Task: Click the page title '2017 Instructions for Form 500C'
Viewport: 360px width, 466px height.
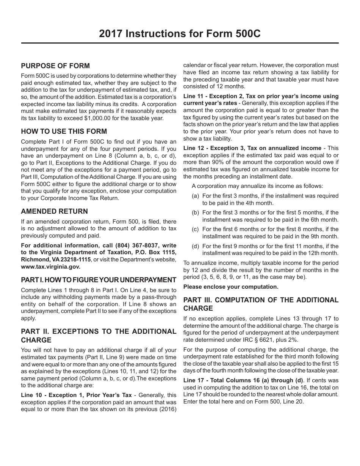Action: pyautogui.click(x=180, y=34)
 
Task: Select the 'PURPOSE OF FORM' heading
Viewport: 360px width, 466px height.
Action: pyautogui.click(x=55, y=66)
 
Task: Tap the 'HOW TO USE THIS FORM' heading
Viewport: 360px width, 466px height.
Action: pyautogui.click(x=64, y=131)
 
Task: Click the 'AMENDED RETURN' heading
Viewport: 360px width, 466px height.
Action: pyautogui.click(x=54, y=211)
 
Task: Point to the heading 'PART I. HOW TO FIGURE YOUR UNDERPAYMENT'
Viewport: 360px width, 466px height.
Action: pyautogui.click(x=99, y=280)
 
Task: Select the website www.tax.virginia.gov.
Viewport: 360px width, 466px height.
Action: pyautogui.click(x=50, y=266)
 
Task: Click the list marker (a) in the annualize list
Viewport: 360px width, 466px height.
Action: pyautogui.click(x=196, y=196)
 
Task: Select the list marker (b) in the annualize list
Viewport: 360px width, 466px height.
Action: pyautogui.click(x=196, y=213)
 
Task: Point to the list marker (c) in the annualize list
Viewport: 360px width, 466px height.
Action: pyautogui.click(x=196, y=229)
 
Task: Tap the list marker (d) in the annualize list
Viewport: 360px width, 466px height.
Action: pyautogui.click(x=196, y=246)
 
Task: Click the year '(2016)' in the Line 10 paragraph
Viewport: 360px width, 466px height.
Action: pyautogui.click(x=168, y=409)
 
